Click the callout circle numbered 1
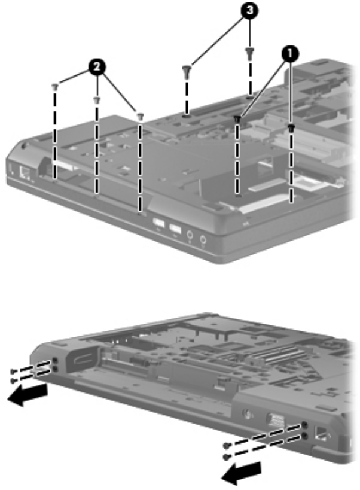click(x=290, y=53)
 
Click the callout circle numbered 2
click(x=97, y=67)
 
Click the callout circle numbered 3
click(x=249, y=11)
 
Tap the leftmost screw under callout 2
click(x=55, y=87)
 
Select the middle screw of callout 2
click(x=97, y=100)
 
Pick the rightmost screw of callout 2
click(x=140, y=117)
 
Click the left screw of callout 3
click(x=186, y=71)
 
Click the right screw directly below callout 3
click(x=249, y=53)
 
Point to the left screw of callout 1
click(x=237, y=118)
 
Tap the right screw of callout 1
click(x=291, y=127)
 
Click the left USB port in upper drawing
click(x=158, y=223)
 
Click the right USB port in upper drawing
click(x=175, y=229)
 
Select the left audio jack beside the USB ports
click(x=190, y=235)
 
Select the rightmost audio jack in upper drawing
click(x=203, y=240)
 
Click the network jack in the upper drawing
click(x=25, y=173)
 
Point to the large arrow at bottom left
click(x=28, y=395)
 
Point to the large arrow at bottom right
click(x=242, y=473)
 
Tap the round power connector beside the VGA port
click(x=248, y=415)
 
